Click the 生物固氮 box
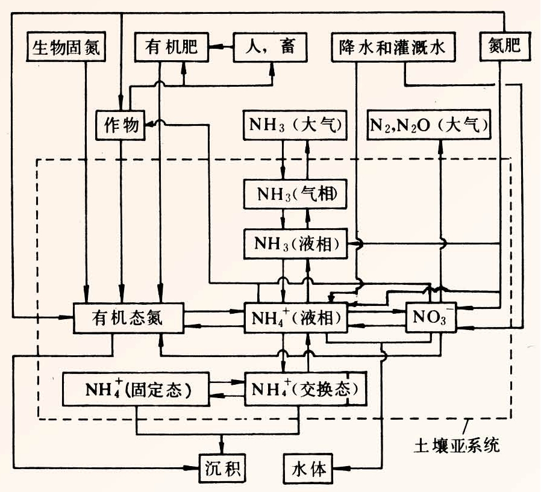67,47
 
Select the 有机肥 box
171,46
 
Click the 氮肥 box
505,46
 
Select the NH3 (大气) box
295,125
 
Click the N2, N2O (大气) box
430,125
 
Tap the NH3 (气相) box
295,194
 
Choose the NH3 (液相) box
295,244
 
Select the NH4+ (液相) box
295,317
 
